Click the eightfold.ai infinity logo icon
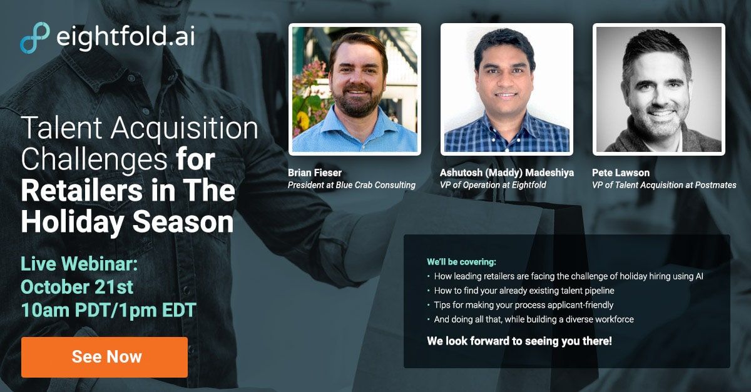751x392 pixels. (x=35, y=38)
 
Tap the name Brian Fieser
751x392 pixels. (x=314, y=173)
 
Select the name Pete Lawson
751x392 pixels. (x=621, y=173)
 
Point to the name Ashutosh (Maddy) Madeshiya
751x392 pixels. (x=506, y=173)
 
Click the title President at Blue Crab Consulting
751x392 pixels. (x=351, y=185)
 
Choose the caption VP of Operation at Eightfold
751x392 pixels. (x=493, y=185)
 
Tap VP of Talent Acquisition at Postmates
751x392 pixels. (x=664, y=185)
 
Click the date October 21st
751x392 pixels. (x=77, y=287)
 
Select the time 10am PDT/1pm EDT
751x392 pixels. (x=109, y=310)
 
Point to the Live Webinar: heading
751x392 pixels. (x=79, y=264)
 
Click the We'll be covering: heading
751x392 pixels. (x=461, y=262)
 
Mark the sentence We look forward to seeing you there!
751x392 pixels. (x=519, y=341)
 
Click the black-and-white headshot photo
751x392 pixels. (x=659, y=89)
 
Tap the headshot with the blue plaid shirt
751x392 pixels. (x=506, y=89)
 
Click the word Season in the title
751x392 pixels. (x=183, y=222)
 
